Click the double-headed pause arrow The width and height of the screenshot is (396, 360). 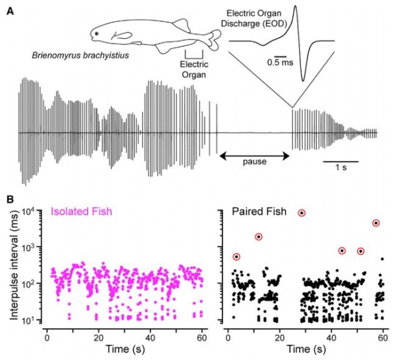point(254,156)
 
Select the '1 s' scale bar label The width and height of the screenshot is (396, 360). point(341,168)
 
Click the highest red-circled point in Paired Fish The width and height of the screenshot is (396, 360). point(302,213)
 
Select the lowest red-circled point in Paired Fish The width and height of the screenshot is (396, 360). point(237,256)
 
